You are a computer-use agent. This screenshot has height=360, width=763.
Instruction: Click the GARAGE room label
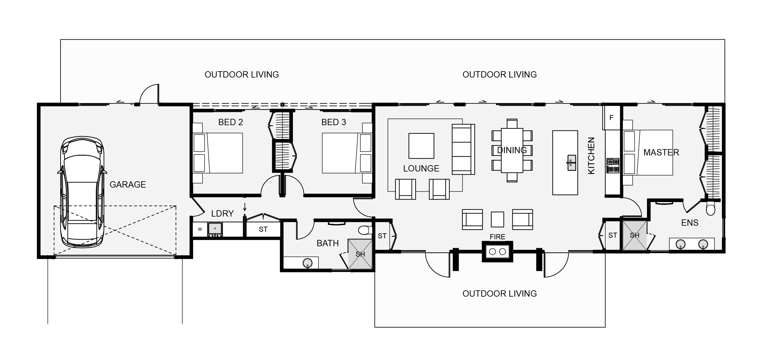click(128, 184)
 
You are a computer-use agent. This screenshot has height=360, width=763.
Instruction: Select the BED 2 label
click(230, 122)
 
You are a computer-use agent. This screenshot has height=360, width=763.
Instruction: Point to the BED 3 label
click(334, 122)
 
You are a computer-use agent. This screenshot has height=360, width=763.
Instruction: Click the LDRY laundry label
click(222, 214)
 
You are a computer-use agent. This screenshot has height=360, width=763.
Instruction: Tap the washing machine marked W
click(200, 229)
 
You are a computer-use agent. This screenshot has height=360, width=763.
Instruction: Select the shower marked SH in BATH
click(360, 254)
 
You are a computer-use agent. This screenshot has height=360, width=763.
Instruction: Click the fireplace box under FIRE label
click(497, 252)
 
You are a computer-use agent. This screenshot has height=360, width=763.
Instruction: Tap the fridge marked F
click(611, 118)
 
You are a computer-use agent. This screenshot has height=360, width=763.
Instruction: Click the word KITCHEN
click(591, 155)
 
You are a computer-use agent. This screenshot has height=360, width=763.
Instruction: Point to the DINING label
click(512, 150)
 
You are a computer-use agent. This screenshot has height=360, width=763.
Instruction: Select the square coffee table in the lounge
click(421, 146)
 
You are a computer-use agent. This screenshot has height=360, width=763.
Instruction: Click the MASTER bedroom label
click(661, 153)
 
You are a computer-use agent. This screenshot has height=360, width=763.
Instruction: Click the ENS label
click(690, 223)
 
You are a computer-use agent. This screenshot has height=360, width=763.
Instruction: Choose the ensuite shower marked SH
click(635, 235)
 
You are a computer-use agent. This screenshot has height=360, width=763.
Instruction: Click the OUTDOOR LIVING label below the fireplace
click(499, 294)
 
